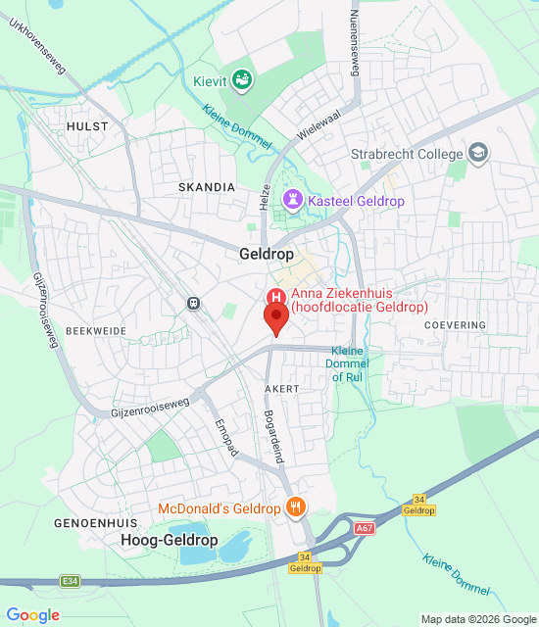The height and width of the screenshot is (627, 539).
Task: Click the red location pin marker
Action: click(x=275, y=318)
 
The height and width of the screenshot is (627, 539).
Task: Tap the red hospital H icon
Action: click(x=276, y=297)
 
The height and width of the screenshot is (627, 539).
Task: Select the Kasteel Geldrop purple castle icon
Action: click(x=292, y=200)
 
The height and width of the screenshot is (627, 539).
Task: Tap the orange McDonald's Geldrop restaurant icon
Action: click(x=294, y=507)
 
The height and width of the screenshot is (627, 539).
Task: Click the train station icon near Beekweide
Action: click(x=194, y=304)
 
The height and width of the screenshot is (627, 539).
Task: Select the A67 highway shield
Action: click(x=365, y=528)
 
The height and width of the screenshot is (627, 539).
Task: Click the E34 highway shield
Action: click(x=69, y=581)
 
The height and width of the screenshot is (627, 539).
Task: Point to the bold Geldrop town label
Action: click(x=267, y=253)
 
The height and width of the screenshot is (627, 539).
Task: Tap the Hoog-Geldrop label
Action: click(x=170, y=541)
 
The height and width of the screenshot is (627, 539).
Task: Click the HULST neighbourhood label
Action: click(x=86, y=126)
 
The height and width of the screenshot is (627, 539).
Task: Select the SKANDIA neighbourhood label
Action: click(x=207, y=186)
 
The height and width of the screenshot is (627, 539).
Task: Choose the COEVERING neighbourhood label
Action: click(x=456, y=325)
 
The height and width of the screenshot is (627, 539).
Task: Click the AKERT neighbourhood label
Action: click(x=282, y=389)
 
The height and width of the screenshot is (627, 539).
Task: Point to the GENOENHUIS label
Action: click(x=94, y=523)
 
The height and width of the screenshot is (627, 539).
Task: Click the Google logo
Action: click(x=32, y=615)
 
